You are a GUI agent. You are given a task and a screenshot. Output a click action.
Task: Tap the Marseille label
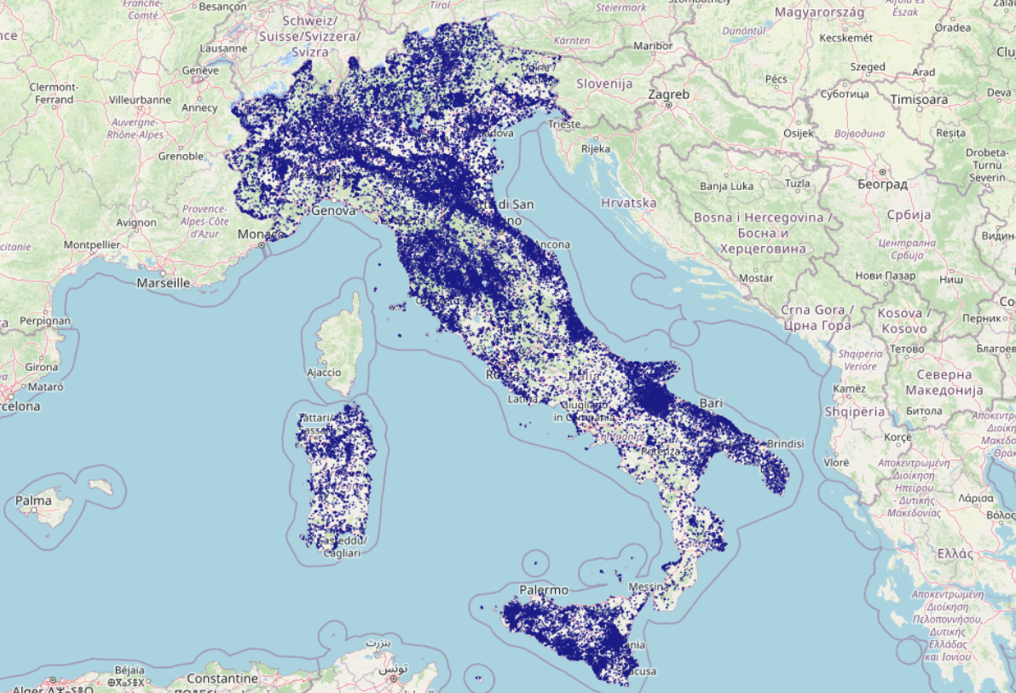click(163, 283)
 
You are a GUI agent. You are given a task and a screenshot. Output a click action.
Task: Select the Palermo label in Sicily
click(544, 590)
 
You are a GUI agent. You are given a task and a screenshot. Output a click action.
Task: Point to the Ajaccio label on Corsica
click(323, 372)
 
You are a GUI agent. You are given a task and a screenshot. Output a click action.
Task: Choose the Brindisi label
click(785, 444)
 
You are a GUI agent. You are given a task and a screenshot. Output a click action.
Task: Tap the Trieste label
click(564, 124)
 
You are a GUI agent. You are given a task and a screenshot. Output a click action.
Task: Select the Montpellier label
click(91, 245)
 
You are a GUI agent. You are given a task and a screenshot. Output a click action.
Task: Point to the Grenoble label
click(181, 156)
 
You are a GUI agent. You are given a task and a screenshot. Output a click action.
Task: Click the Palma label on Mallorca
click(34, 500)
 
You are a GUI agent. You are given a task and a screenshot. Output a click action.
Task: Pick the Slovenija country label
click(604, 84)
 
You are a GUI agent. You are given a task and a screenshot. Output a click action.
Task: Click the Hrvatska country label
click(628, 203)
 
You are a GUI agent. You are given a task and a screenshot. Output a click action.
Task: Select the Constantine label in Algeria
click(222, 679)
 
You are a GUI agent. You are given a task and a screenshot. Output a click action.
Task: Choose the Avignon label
click(136, 222)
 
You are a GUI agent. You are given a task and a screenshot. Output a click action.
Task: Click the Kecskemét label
click(845, 38)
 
